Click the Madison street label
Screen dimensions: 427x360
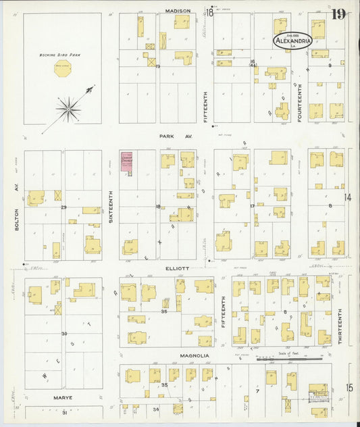178,11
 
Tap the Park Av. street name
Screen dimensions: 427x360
176,136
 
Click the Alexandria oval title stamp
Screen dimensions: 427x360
292,41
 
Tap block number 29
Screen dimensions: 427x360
63,207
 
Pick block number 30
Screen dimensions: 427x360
64,334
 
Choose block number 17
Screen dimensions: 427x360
252,205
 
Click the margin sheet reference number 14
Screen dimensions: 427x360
348,197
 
